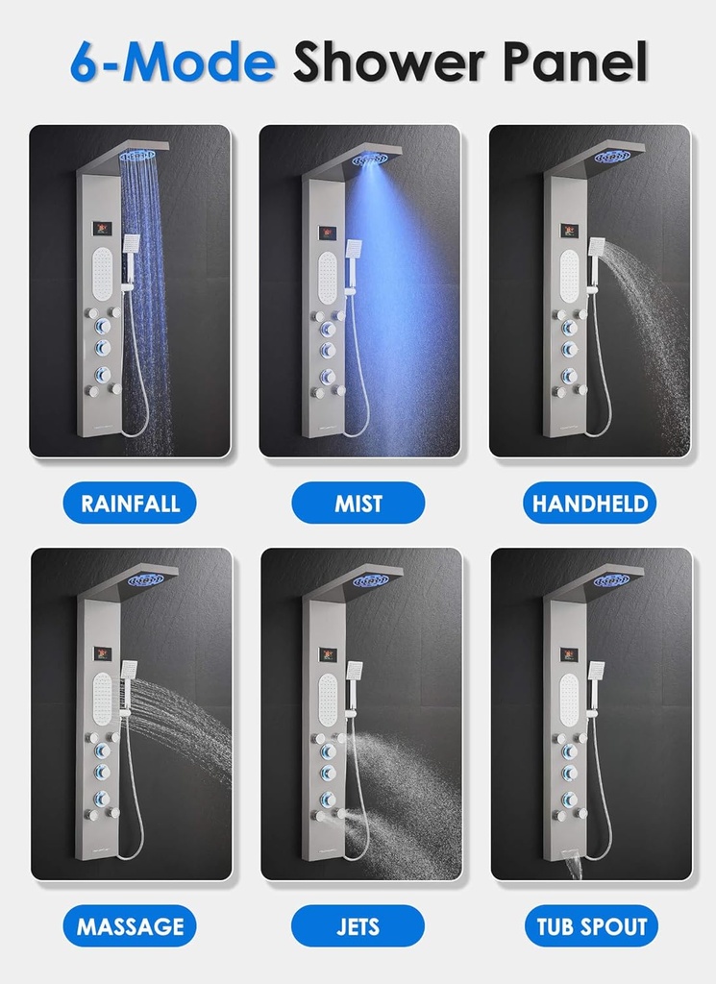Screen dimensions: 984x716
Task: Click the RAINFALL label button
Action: pos(130,503)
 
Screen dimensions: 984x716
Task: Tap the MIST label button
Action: pos(358,503)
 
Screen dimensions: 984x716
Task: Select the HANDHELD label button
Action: pos(589,503)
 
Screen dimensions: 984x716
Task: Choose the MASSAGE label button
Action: pos(130,926)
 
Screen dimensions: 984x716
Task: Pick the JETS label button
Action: pos(358,926)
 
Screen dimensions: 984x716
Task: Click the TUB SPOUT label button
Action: pos(590,926)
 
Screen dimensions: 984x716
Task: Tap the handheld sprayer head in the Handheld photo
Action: pos(597,247)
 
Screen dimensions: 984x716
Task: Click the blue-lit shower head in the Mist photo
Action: pos(370,160)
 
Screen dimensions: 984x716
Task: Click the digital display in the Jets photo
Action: pos(328,654)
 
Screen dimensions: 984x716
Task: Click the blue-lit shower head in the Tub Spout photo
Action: pos(612,580)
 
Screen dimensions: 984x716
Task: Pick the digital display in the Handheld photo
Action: pos(569,231)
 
